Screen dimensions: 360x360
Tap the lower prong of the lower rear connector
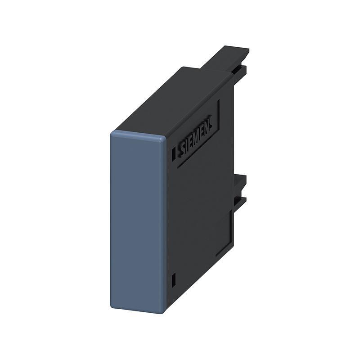(x=240, y=201)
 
